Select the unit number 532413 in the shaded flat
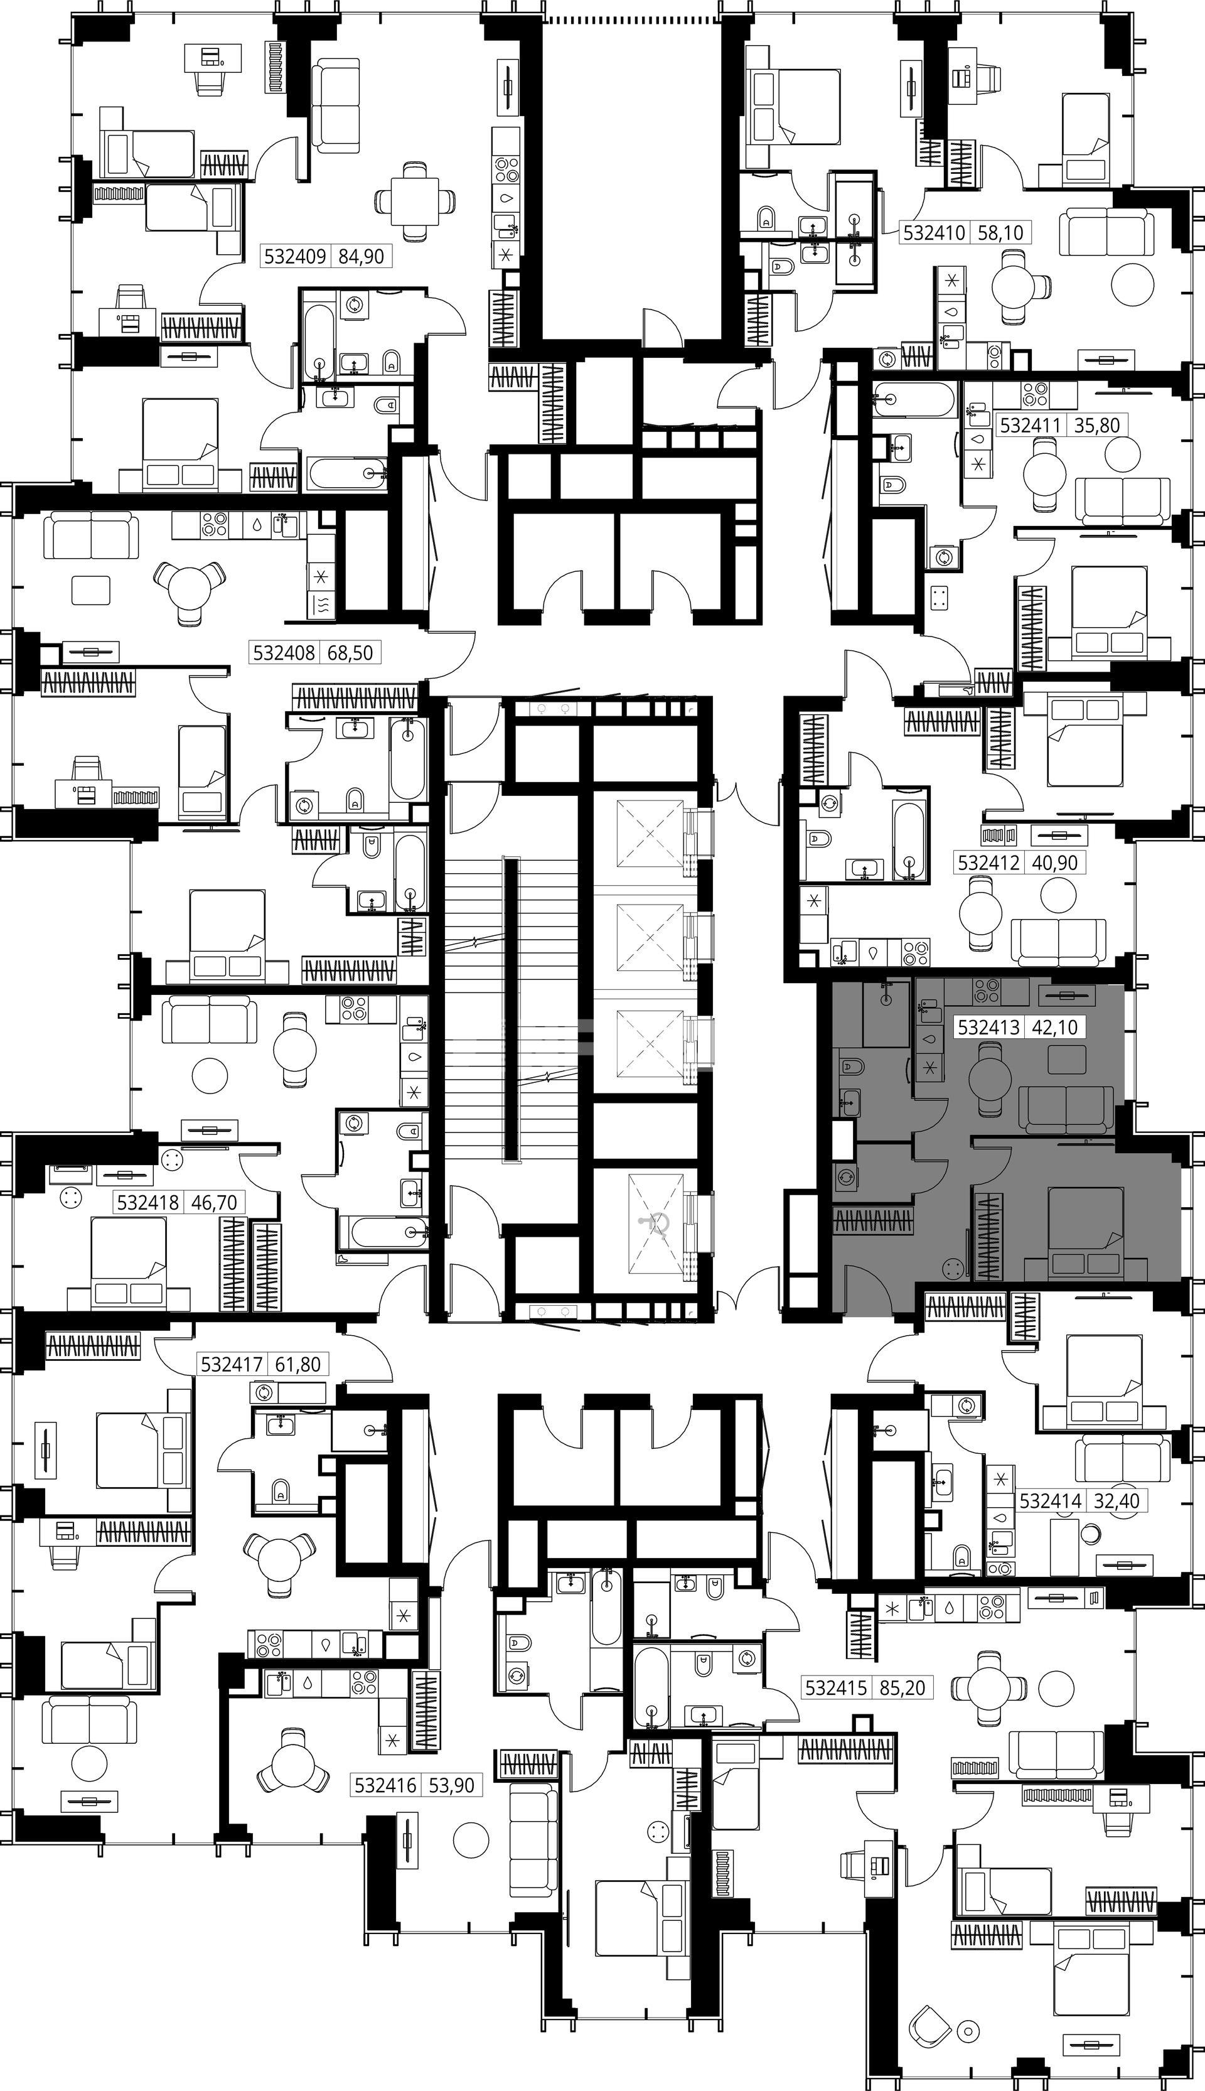coord(989,1027)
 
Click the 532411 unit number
coord(1031,426)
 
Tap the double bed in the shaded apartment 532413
coord(1086,1234)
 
